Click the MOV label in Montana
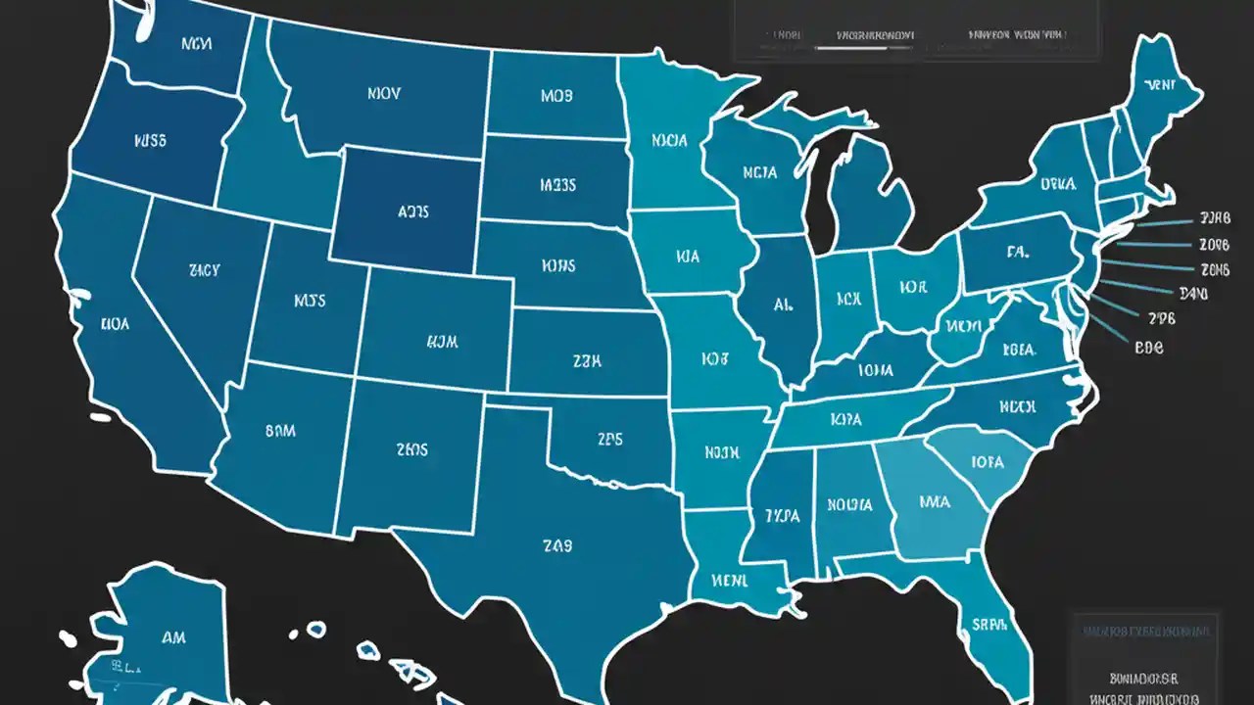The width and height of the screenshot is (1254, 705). coord(383,95)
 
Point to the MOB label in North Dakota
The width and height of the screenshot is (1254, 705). coord(556,96)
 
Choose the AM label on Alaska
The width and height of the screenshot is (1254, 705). coord(172,637)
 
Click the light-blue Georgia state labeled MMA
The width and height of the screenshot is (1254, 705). coord(934,501)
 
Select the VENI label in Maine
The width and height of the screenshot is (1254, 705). coord(1163,86)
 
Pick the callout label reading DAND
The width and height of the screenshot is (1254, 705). coord(1195,292)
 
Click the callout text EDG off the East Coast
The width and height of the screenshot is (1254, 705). coord(1148,347)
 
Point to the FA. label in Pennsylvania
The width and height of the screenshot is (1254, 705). coord(1017,252)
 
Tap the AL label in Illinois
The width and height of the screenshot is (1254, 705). coord(782,305)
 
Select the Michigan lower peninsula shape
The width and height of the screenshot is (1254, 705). coord(872,196)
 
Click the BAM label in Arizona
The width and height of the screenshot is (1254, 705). coord(280,429)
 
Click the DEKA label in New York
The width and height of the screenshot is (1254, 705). coord(1057,182)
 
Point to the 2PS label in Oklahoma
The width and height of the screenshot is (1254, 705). coord(608,440)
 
